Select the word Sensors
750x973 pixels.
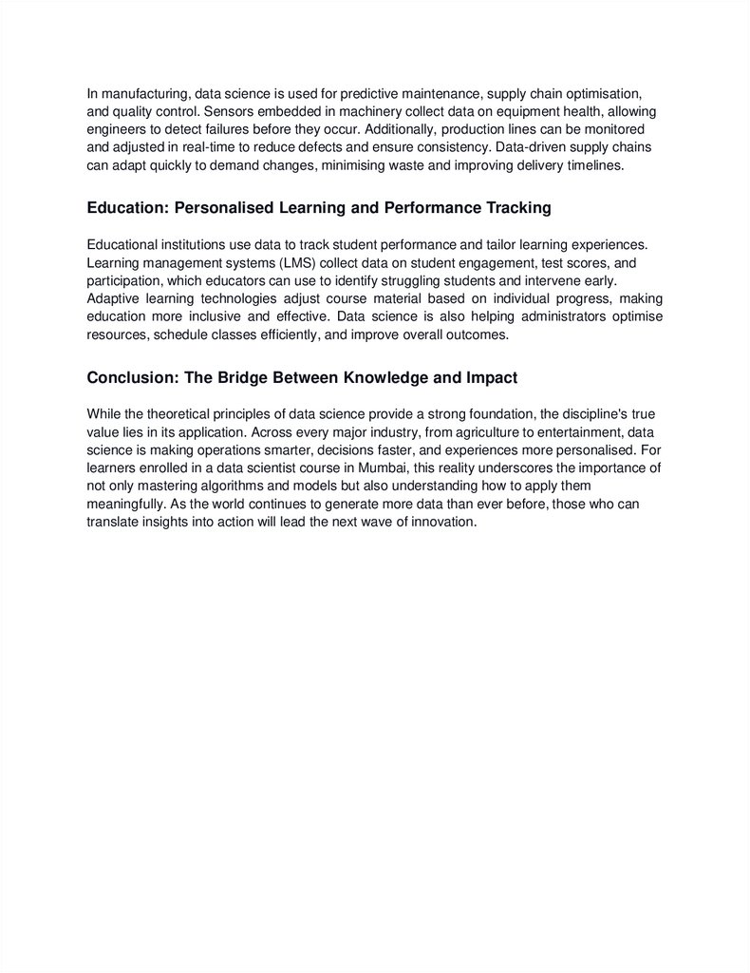point(218,111)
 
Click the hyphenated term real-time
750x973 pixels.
point(250,147)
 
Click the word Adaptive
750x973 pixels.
point(114,298)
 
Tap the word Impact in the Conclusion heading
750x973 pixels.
point(492,377)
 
